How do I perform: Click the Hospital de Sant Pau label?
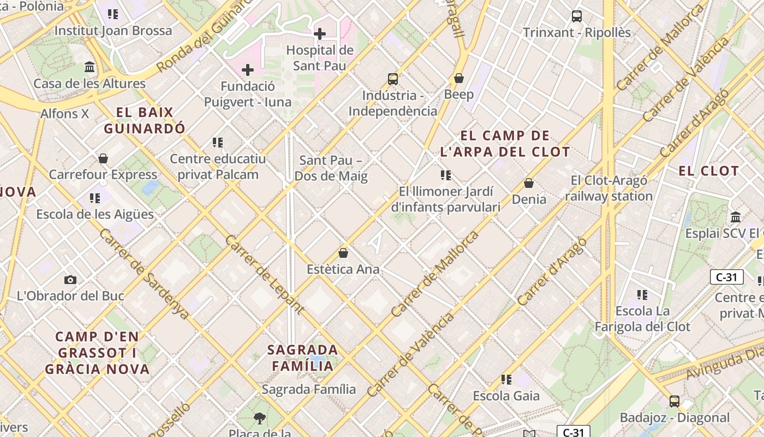[320, 57]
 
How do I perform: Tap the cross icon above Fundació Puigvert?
[248, 70]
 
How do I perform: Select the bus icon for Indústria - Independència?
[393, 79]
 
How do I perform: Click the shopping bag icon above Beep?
[459, 78]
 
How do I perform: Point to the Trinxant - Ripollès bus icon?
[577, 16]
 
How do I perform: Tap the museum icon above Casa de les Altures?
[89, 67]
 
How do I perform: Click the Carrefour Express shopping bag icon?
[103, 159]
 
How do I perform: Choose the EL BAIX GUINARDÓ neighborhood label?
[145, 121]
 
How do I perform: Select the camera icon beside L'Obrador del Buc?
[70, 280]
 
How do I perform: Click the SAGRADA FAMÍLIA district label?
[303, 357]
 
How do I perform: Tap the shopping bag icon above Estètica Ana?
[343, 253]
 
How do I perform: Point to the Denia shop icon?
[528, 183]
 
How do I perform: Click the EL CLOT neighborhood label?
[708, 171]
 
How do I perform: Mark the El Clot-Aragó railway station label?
[609, 188]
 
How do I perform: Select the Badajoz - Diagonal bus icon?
[675, 401]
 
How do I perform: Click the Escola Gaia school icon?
[506, 379]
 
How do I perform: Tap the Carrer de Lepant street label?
[264, 274]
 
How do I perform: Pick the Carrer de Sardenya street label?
[144, 273]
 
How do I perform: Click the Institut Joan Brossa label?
[113, 31]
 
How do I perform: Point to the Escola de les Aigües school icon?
[95, 198]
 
